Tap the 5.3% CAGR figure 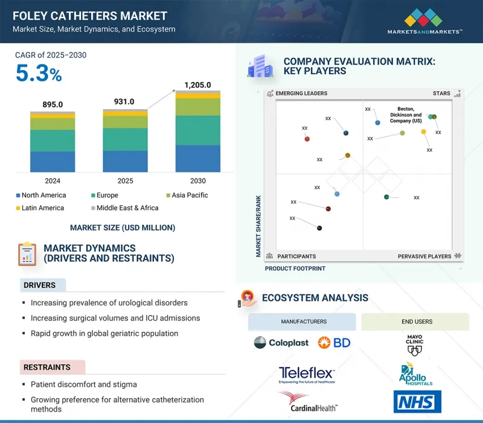pos(39,74)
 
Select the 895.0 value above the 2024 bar pos(53,104)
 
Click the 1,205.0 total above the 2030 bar pos(198,85)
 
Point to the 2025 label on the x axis pos(125,180)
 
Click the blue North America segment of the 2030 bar pos(198,159)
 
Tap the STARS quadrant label pos(442,94)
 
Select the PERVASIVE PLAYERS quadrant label pos(424,256)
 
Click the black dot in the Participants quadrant pos(319,228)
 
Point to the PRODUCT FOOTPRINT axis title pos(295,269)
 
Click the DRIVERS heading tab pos(40,285)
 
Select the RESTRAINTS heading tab pos(47,367)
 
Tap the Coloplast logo pos(281,343)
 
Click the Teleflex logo pos(307,375)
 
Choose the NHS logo pos(417,402)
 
